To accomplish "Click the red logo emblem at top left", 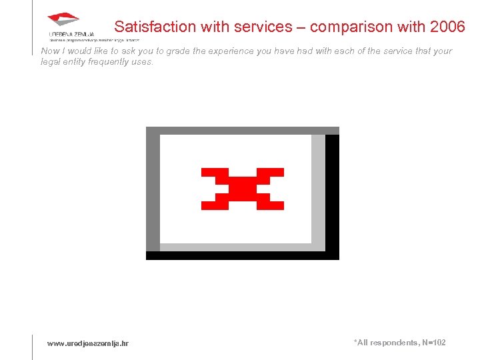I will tap(63, 19).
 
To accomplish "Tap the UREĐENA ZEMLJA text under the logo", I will tap(71, 34).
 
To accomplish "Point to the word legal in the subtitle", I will tap(51, 62).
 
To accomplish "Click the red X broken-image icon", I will tap(243, 189).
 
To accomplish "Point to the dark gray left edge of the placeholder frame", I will tap(153, 193).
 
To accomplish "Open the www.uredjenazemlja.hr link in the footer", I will tap(88, 343).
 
